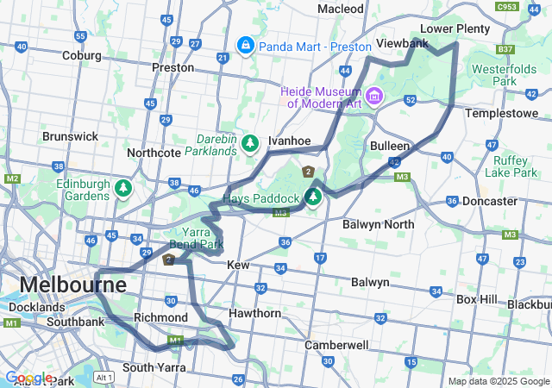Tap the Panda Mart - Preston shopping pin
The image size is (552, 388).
(x=246, y=43)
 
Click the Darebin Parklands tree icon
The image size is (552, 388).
(x=250, y=142)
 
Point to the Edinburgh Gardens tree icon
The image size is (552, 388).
(x=124, y=187)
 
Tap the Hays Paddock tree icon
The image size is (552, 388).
(x=313, y=197)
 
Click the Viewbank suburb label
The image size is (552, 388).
(x=403, y=43)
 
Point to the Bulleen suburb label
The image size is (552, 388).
(x=390, y=146)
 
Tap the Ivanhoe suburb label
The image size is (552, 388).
(x=289, y=140)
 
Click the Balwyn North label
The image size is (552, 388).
(x=378, y=224)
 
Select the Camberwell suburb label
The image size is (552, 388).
(x=337, y=345)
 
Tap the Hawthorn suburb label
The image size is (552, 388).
(x=255, y=313)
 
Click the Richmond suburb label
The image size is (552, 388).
(x=160, y=317)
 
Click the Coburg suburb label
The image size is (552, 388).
(x=80, y=56)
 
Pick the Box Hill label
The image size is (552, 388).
(x=476, y=299)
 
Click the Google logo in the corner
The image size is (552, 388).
(x=28, y=378)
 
